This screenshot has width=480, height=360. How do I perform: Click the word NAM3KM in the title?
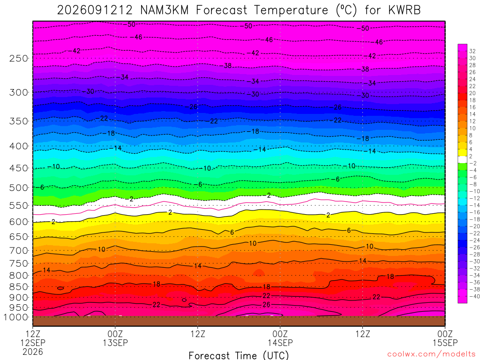click(x=165, y=10)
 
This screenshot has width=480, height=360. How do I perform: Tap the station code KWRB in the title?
click(x=405, y=10)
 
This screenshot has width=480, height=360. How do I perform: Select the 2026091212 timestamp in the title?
click(x=95, y=10)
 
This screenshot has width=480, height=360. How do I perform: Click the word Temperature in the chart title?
click(x=291, y=10)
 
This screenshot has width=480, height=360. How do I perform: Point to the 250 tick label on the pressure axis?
click(x=19, y=58)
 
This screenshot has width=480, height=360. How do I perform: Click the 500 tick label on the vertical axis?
click(x=19, y=187)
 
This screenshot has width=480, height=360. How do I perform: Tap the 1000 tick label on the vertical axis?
click(x=16, y=317)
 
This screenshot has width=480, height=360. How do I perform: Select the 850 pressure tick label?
click(x=19, y=287)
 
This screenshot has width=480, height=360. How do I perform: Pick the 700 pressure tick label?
click(x=19, y=251)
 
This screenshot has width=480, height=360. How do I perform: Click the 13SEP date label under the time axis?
click(x=115, y=343)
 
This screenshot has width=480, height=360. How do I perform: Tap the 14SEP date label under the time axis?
click(x=280, y=343)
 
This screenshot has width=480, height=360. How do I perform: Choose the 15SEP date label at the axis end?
click(x=445, y=343)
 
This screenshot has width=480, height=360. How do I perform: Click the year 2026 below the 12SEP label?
click(x=33, y=352)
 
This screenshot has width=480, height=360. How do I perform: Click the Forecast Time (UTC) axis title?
click(x=239, y=355)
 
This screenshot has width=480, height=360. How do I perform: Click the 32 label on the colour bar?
click(x=472, y=51)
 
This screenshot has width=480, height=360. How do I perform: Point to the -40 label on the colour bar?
click(x=474, y=296)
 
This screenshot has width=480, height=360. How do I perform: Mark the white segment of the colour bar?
click(x=463, y=159)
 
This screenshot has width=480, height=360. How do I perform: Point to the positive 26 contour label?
click(x=266, y=305)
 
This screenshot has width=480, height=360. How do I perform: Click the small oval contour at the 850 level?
click(x=60, y=288)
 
